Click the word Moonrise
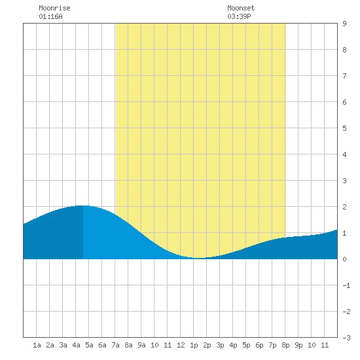click(54, 8)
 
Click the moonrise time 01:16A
click(50, 16)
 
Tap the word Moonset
click(241, 8)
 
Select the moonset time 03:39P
click(239, 16)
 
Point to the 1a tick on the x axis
click(37, 345)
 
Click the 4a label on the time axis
click(76, 345)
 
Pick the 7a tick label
click(115, 345)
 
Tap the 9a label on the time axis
click(141, 345)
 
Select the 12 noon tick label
click(181, 345)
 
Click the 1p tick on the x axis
click(194, 345)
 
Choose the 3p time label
click(220, 345)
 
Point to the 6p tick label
click(259, 345)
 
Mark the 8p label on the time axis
click(285, 345)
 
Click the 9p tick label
click(298, 345)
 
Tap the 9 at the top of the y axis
click(344, 24)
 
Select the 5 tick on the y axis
click(344, 128)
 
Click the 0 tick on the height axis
click(344, 259)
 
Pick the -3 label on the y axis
click(346, 338)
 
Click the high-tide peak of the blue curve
click(83, 206)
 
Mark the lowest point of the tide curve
click(200, 258)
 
